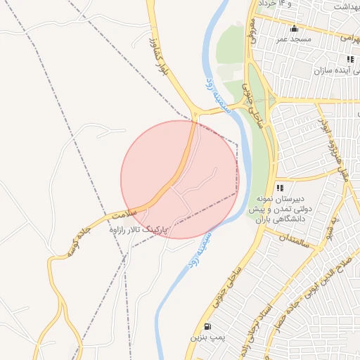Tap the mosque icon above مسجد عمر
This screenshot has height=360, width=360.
[294, 29]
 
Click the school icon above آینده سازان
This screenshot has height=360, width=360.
[349, 59]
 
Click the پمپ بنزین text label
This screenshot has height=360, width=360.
[205, 338]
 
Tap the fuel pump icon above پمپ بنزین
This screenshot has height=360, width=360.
[206, 326]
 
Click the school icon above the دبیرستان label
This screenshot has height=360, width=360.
[280, 188]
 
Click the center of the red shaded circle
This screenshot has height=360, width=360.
[179, 179]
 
